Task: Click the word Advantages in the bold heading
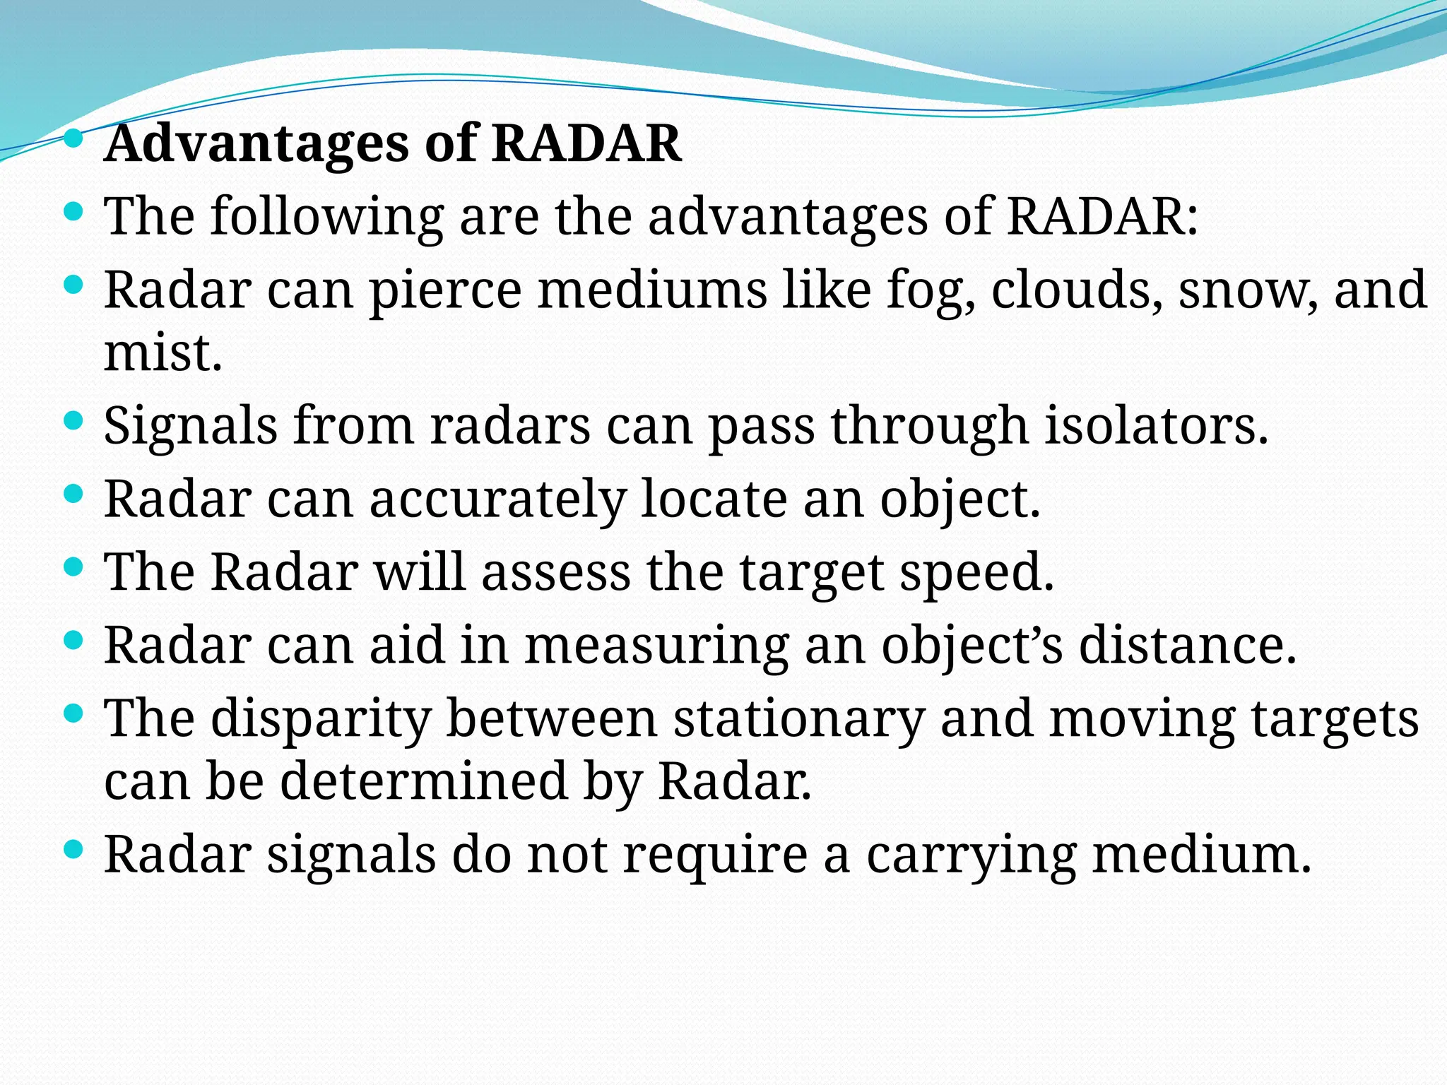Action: click(x=256, y=143)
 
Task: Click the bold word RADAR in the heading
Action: click(x=586, y=143)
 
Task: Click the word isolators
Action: click(x=1156, y=426)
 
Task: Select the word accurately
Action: click(x=497, y=499)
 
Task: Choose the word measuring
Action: click(x=656, y=645)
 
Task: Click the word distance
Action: click(x=1187, y=645)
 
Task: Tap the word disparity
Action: click(x=321, y=719)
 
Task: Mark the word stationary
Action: click(x=798, y=719)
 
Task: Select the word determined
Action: click(x=424, y=781)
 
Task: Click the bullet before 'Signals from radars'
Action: click(x=73, y=422)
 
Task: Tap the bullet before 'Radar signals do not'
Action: click(x=73, y=848)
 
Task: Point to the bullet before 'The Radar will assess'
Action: click(x=73, y=567)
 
